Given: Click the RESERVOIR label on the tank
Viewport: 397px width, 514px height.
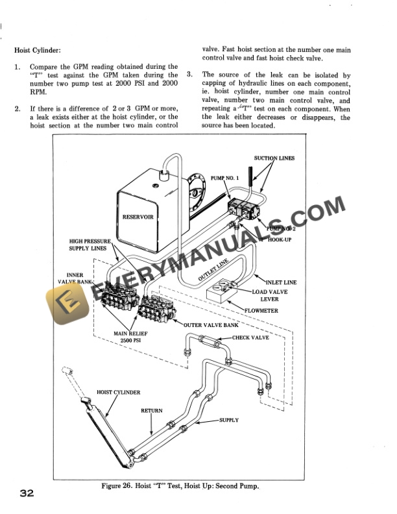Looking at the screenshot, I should [x=138, y=217].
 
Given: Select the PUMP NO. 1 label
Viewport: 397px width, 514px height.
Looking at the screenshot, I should [x=225, y=177].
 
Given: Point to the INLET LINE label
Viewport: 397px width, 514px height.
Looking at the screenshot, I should [x=281, y=282].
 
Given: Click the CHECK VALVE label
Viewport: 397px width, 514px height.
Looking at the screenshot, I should [x=250, y=337].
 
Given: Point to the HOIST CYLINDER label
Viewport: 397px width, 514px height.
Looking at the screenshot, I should [x=118, y=393].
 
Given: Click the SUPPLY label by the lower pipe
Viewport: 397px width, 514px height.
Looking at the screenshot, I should [x=228, y=420].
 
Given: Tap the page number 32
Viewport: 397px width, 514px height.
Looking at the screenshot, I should [x=27, y=493].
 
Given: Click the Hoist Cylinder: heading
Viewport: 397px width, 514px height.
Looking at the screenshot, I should [x=40, y=50].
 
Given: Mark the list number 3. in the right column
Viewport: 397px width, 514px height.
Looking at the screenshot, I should [x=189, y=75].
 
